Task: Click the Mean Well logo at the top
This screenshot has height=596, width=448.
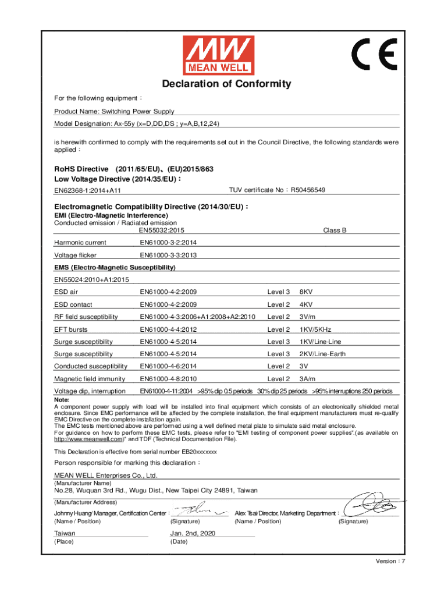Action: pos(219,55)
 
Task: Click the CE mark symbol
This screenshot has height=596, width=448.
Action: pos(374,55)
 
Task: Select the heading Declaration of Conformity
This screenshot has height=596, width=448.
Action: pos(224,84)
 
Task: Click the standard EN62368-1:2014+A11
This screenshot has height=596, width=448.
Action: pos(87,191)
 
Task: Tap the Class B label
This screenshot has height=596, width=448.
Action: pos(335,230)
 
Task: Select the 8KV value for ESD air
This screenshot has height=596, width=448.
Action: pos(307,292)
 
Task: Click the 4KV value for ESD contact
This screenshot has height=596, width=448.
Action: pos(307,304)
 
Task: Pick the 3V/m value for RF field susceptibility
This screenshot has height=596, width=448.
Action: pos(308,317)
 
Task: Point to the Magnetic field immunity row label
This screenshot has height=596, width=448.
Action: pos(88,379)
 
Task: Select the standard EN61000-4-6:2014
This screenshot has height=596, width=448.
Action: pos(168,366)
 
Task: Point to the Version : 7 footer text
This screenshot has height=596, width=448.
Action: pos(390,561)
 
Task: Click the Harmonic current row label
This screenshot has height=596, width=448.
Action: pos(80,243)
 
